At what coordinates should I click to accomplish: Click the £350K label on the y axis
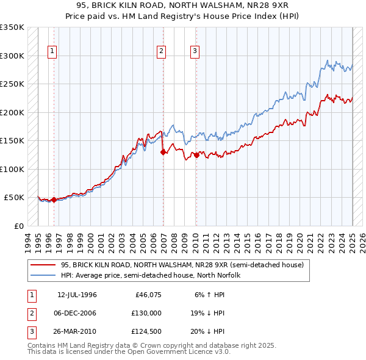12,27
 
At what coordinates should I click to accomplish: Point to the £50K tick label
14,198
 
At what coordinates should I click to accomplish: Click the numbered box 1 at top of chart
53,52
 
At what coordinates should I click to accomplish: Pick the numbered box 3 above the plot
195,52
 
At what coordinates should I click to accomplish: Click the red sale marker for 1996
54,200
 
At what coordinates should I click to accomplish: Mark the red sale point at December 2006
163,153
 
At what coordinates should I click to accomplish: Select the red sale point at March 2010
196,156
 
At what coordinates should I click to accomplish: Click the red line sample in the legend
43,265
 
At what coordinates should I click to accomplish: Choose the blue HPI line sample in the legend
43,275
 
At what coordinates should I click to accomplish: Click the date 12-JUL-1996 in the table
77,295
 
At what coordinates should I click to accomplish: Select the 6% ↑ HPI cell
208,295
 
